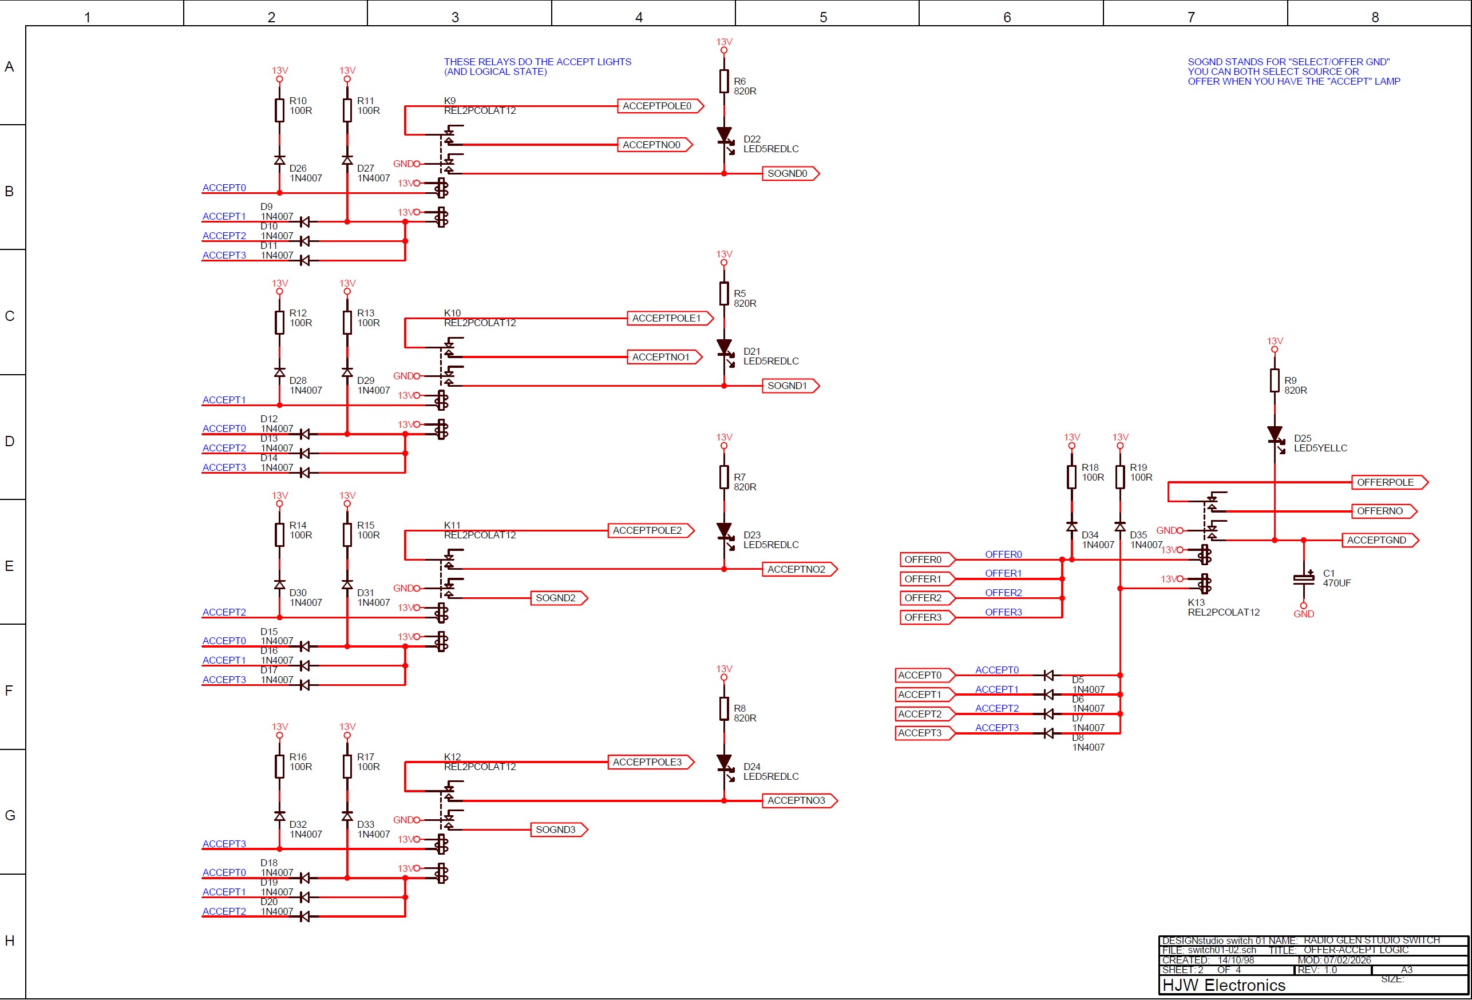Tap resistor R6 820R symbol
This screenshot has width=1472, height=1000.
click(x=724, y=82)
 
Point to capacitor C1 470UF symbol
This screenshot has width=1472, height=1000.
click(x=1304, y=579)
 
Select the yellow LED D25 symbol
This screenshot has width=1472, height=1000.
click(x=1275, y=435)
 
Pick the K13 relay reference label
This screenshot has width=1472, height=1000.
click(x=1196, y=602)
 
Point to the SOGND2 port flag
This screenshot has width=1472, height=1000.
click(x=558, y=598)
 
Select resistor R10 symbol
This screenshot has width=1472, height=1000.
click(x=279, y=110)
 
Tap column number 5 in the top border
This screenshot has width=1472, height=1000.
click(x=824, y=17)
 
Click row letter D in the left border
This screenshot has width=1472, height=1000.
click(x=10, y=441)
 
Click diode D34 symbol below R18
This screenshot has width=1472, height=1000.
click(x=1072, y=526)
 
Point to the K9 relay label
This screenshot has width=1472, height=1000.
click(x=450, y=101)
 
